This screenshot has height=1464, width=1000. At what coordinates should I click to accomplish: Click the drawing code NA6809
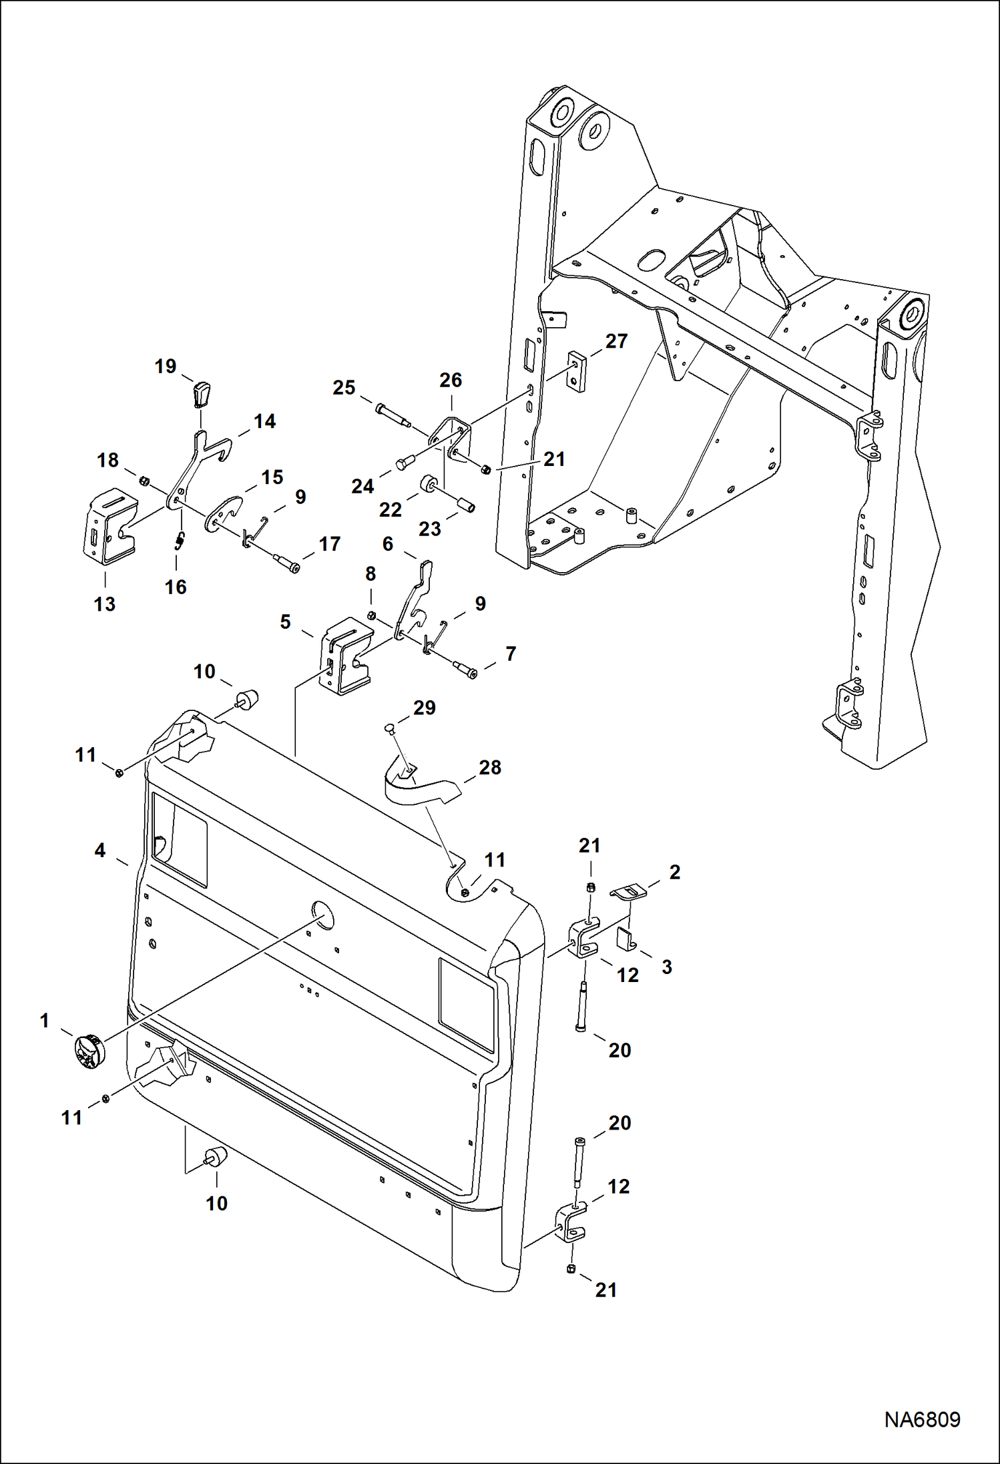click(x=922, y=1419)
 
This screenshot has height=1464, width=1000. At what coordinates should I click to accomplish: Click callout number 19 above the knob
click(x=166, y=366)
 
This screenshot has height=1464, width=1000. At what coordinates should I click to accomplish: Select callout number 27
click(x=615, y=341)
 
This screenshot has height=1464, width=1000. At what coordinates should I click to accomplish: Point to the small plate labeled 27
click(x=577, y=373)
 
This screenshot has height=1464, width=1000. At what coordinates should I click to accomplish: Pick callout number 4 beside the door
click(x=99, y=850)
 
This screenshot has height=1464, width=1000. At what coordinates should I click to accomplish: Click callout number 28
click(x=489, y=768)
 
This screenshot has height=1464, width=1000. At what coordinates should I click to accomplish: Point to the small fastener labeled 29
click(x=391, y=728)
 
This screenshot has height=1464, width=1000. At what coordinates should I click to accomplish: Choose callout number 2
click(x=674, y=872)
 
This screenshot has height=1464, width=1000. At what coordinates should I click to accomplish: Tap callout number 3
click(x=666, y=967)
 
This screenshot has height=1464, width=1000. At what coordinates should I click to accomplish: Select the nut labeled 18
click(x=143, y=480)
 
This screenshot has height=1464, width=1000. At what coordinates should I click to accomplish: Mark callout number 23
click(x=429, y=529)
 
